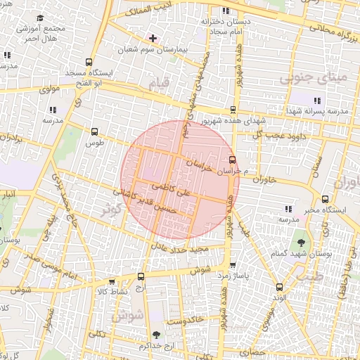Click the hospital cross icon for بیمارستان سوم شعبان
pyautogui.click(x=153, y=37)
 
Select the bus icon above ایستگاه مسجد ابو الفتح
pyautogui.click(x=88, y=62)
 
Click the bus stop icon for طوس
pyautogui.click(x=95, y=131)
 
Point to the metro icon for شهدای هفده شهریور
pyautogui.click(x=233, y=109)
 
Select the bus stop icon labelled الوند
pyautogui.click(x=278, y=286)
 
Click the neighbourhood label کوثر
pyautogui.click(x=111, y=211)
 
